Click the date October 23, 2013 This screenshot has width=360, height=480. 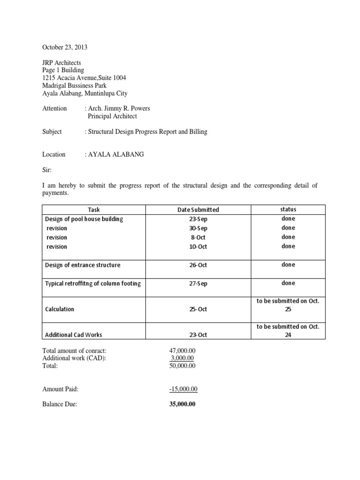(65, 47)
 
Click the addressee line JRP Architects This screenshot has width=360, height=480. (61, 62)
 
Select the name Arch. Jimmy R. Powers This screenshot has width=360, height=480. (119, 108)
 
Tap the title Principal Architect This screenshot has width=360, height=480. (112, 116)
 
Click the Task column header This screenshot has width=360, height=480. (94, 210)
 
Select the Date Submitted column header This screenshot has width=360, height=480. (198, 210)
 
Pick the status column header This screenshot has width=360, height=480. (288, 210)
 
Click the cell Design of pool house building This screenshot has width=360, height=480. (84, 219)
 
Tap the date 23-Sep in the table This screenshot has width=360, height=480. (198, 219)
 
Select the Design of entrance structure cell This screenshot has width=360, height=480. (82, 265)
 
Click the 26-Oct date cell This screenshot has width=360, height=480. (198, 265)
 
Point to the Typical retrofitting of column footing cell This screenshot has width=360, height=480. (93, 283)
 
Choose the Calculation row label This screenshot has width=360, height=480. (60, 309)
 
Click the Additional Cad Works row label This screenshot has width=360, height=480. (74, 335)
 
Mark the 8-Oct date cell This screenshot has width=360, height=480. (198, 237)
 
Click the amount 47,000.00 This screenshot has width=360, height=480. (182, 351)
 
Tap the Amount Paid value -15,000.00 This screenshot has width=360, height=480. (183, 389)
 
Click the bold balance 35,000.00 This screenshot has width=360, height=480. (182, 404)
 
